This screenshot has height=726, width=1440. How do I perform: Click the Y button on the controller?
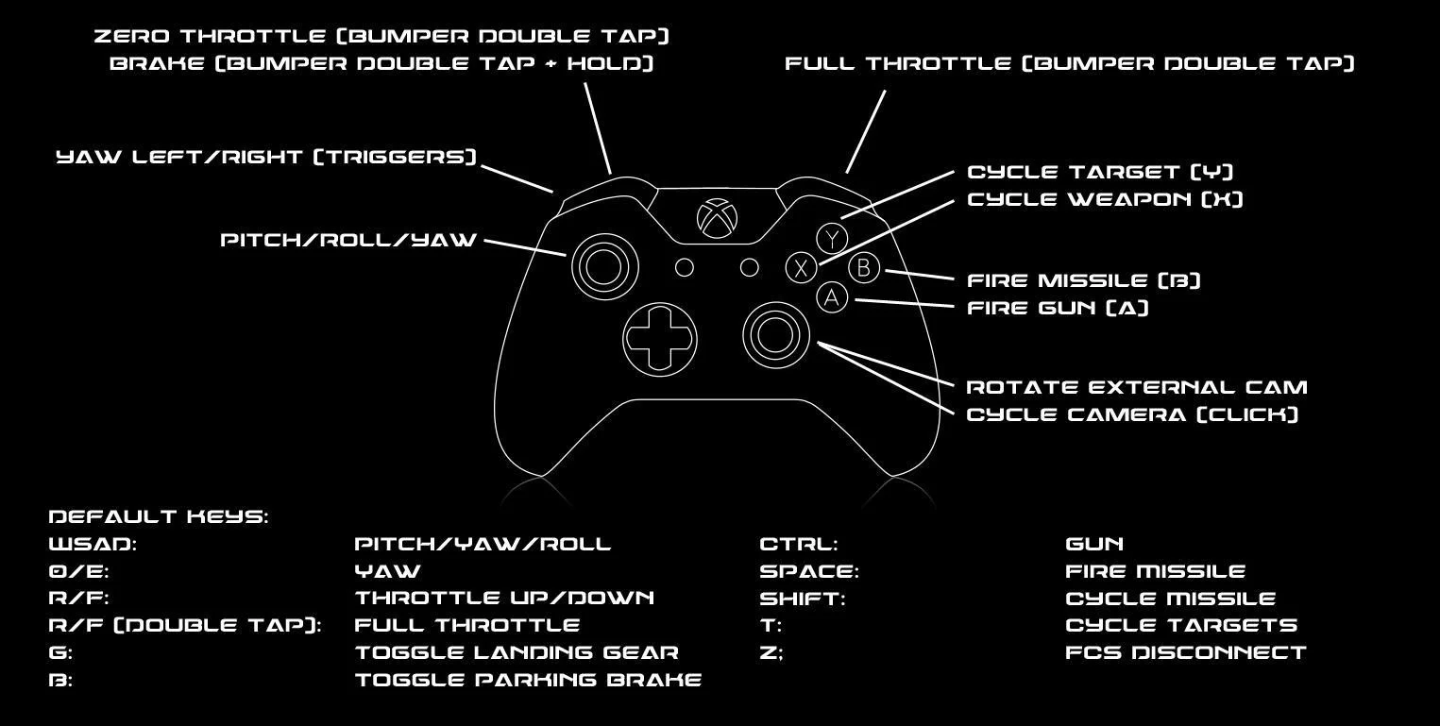[833, 239]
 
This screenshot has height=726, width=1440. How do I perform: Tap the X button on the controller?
[801, 267]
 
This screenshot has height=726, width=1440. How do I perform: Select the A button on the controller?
[832, 297]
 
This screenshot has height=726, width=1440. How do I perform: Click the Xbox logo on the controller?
[718, 218]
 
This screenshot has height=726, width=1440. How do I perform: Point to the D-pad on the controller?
[660, 339]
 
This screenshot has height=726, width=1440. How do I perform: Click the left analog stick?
[604, 266]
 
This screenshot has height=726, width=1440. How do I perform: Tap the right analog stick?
[775, 335]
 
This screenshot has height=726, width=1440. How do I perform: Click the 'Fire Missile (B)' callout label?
[1084, 280]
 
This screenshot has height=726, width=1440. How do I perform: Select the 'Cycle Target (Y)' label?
[1101, 172]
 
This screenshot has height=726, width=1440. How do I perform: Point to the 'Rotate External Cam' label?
[1137, 387]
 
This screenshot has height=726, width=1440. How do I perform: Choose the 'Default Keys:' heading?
[159, 516]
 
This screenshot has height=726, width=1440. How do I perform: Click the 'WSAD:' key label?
[93, 544]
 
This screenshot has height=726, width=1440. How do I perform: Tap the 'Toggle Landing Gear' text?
[517, 652]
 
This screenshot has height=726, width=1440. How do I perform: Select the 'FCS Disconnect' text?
[1186, 652]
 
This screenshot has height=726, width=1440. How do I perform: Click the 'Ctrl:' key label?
[799, 544]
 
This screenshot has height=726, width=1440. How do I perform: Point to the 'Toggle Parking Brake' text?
[529, 680]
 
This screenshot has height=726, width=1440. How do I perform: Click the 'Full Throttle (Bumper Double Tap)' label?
[1070, 63]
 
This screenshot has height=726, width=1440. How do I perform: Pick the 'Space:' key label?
[809, 571]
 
